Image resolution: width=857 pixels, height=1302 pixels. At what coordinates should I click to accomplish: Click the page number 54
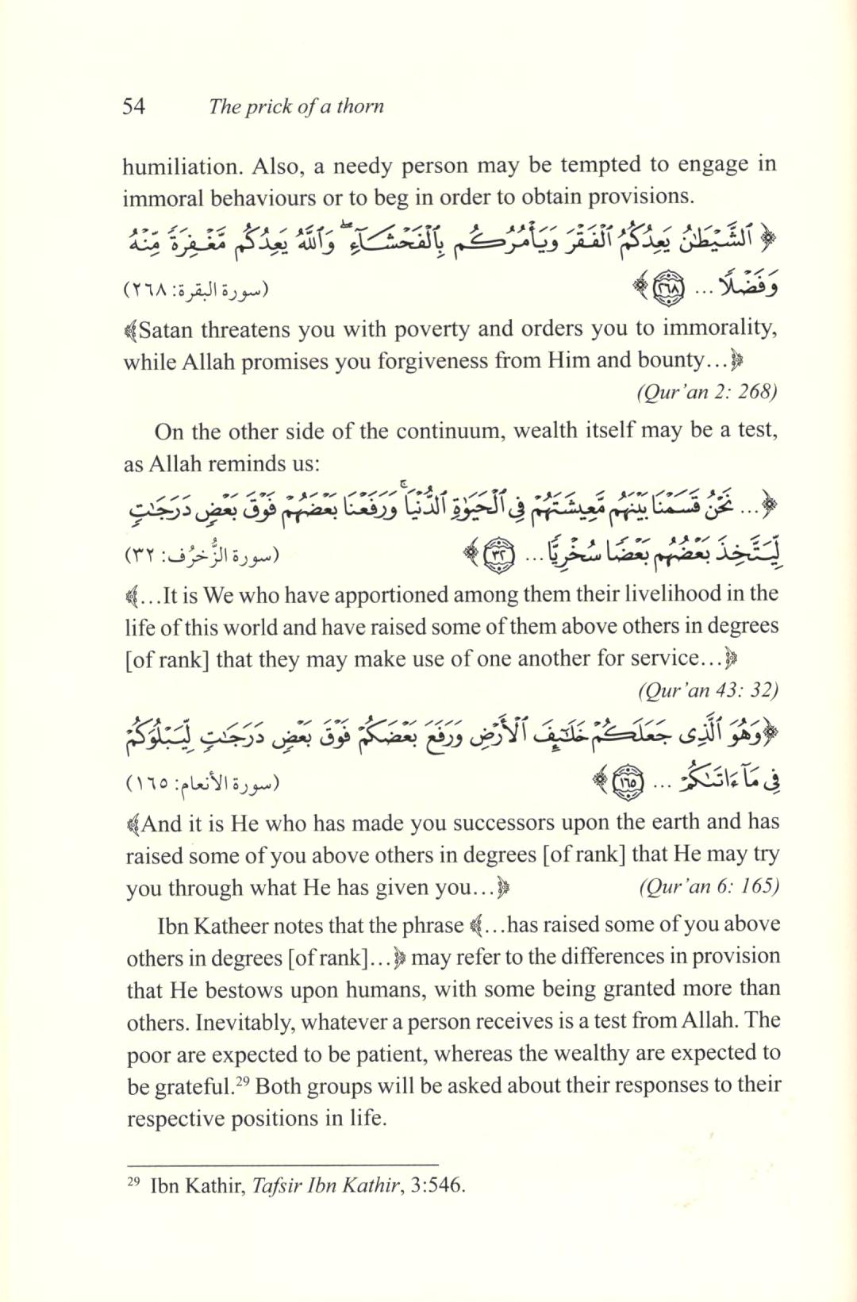tap(134, 106)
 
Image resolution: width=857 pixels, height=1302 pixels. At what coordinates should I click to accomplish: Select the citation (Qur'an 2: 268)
tap(707, 391)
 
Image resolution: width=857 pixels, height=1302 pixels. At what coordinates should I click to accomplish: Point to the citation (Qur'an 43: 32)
tap(708, 689)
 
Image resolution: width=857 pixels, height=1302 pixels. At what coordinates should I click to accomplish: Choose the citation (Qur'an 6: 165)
tap(709, 886)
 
